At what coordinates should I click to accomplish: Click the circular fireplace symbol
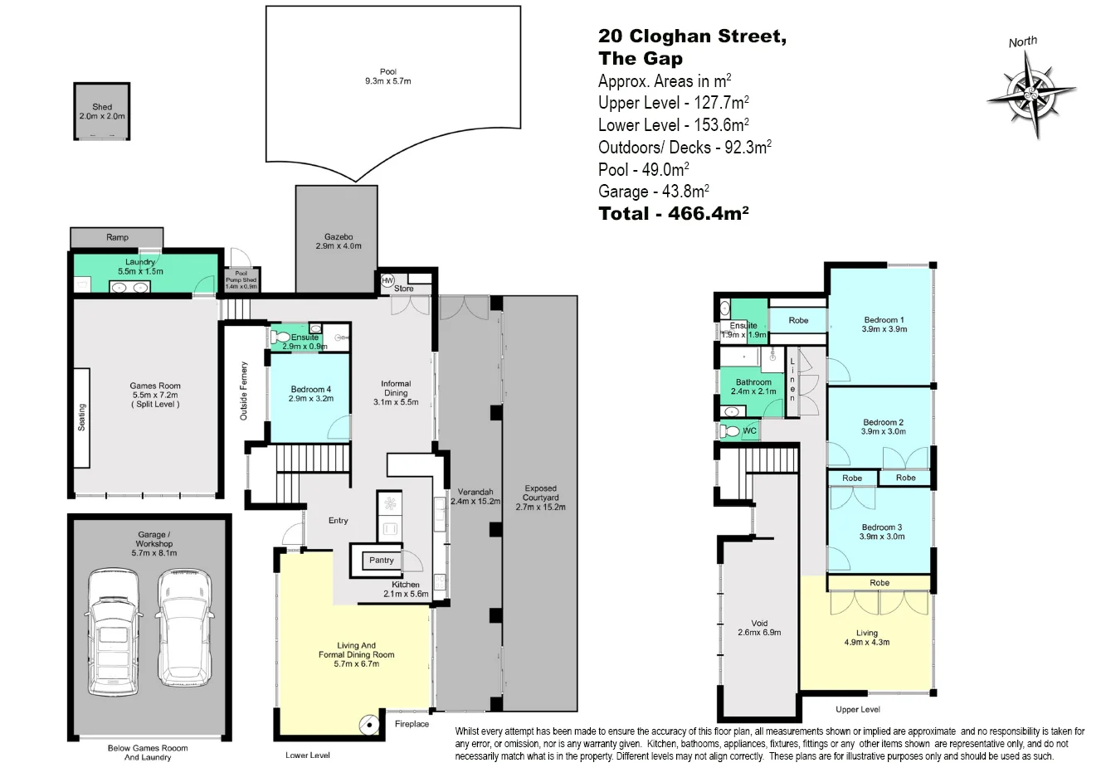367,725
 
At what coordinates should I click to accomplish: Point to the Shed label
101,107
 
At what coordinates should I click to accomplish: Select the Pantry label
382,561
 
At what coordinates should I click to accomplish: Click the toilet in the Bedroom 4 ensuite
280,337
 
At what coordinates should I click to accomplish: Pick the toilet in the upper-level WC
730,431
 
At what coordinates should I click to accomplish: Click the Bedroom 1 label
884,320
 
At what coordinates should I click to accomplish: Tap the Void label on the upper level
759,624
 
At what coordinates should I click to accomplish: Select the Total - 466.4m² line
674,214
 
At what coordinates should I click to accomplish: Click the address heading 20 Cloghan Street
692,36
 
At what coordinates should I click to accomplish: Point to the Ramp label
117,237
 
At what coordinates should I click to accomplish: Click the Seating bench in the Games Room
81,419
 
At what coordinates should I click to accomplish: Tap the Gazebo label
338,237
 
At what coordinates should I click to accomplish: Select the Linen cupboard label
792,380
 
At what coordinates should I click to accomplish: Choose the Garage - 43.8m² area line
653,192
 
